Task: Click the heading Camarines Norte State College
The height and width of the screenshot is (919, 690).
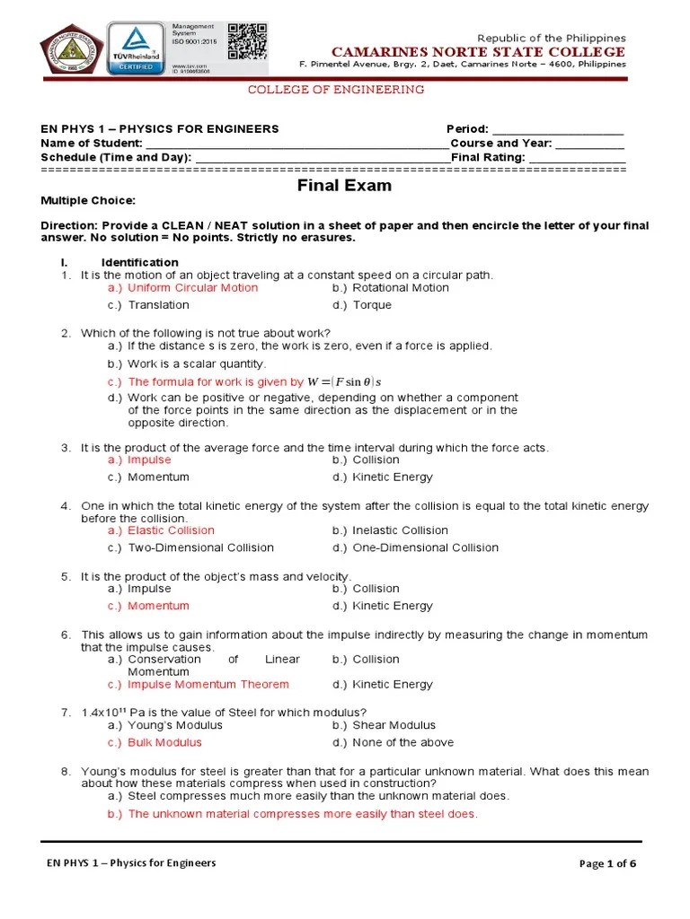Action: [479, 52]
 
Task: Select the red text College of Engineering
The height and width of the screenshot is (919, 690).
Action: [335, 90]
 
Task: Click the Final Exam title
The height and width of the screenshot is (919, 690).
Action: [345, 187]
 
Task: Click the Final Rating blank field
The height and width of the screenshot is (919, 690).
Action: [577, 158]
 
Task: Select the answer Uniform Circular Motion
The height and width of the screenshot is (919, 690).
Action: [192, 288]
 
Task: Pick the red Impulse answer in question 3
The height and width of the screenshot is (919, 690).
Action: [149, 459]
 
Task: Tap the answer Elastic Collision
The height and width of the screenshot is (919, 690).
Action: [171, 530]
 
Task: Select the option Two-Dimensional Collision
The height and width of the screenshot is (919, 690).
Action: [200, 547]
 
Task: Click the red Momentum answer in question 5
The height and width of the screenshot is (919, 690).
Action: [158, 606]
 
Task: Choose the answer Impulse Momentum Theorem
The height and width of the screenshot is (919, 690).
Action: [208, 684]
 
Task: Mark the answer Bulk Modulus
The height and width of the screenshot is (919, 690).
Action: [164, 742]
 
